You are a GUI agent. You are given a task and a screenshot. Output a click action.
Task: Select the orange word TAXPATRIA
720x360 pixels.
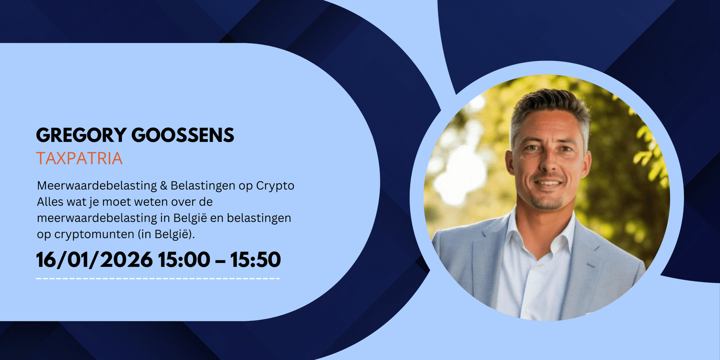[79, 158]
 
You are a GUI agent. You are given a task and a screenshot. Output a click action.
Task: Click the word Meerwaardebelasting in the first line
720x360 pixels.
[96, 185]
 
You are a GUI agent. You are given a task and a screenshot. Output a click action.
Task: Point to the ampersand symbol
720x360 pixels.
[163, 185]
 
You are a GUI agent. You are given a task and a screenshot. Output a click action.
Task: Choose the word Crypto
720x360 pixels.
[275, 186]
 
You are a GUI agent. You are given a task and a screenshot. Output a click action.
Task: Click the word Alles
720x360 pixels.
[50, 202]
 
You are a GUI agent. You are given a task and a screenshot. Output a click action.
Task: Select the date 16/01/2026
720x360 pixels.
[94, 260]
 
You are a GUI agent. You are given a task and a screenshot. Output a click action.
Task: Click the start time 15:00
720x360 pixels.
[184, 260]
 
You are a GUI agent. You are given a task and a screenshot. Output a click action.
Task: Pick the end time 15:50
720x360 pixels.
[255, 260]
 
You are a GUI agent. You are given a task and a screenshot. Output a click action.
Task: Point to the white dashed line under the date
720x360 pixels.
[158, 279]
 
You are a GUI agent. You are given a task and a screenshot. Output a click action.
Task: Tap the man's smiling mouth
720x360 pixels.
[549, 184]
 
